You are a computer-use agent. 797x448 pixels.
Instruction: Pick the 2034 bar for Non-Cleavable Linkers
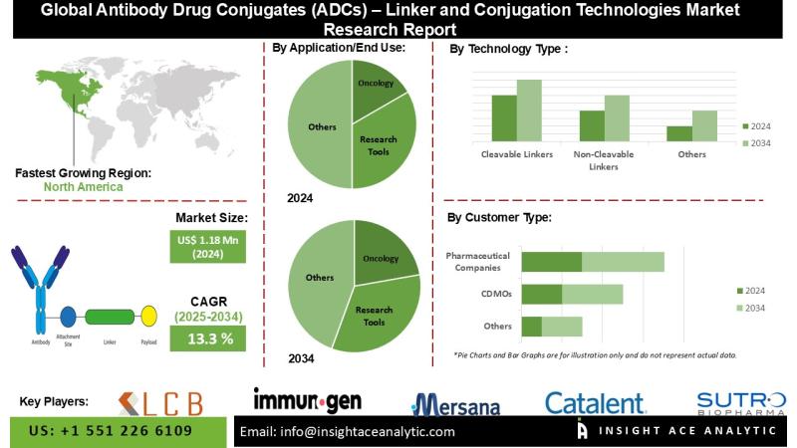click(617, 117)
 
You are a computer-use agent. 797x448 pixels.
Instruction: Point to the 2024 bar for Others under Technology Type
click(679, 133)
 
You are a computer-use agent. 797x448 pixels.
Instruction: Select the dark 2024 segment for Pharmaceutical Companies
click(551, 262)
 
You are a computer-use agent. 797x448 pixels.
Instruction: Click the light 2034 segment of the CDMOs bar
click(592, 295)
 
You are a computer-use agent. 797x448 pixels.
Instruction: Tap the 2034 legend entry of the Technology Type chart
click(754, 143)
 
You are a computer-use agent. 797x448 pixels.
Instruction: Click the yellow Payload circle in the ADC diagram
click(148, 317)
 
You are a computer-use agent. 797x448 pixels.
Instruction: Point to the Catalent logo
click(595, 403)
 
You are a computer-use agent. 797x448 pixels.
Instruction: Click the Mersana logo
click(457, 404)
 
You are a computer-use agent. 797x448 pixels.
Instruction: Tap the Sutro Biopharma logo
click(740, 402)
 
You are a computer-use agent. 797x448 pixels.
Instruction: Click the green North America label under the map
click(84, 186)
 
